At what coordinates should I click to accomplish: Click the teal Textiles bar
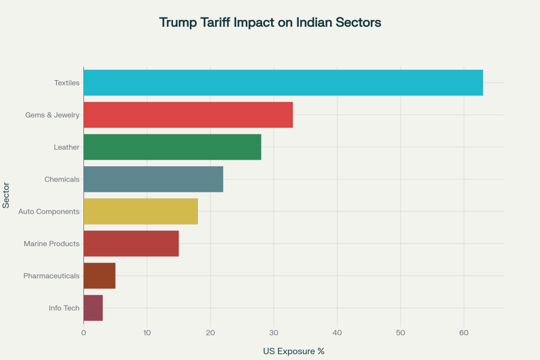283,83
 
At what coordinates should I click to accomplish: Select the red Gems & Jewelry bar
188,115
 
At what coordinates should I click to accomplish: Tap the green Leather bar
172,147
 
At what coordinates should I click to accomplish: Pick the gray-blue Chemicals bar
153,179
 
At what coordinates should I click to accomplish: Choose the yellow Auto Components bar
141,211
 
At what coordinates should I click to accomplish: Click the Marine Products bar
131,244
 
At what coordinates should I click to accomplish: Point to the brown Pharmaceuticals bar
100,276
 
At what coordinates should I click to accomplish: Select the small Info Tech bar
93,308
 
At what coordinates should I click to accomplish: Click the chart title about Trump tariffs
270,23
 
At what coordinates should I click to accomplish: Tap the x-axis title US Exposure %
293,351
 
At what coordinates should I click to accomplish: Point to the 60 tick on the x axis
464,333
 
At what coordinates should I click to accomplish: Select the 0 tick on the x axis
84,333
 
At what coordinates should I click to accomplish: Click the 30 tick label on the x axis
274,333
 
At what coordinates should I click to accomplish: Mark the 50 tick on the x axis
400,333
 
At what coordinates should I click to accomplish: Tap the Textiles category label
66,83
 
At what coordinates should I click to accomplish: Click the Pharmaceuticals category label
52,276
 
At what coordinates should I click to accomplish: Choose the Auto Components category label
49,211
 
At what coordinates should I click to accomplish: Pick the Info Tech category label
64,308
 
